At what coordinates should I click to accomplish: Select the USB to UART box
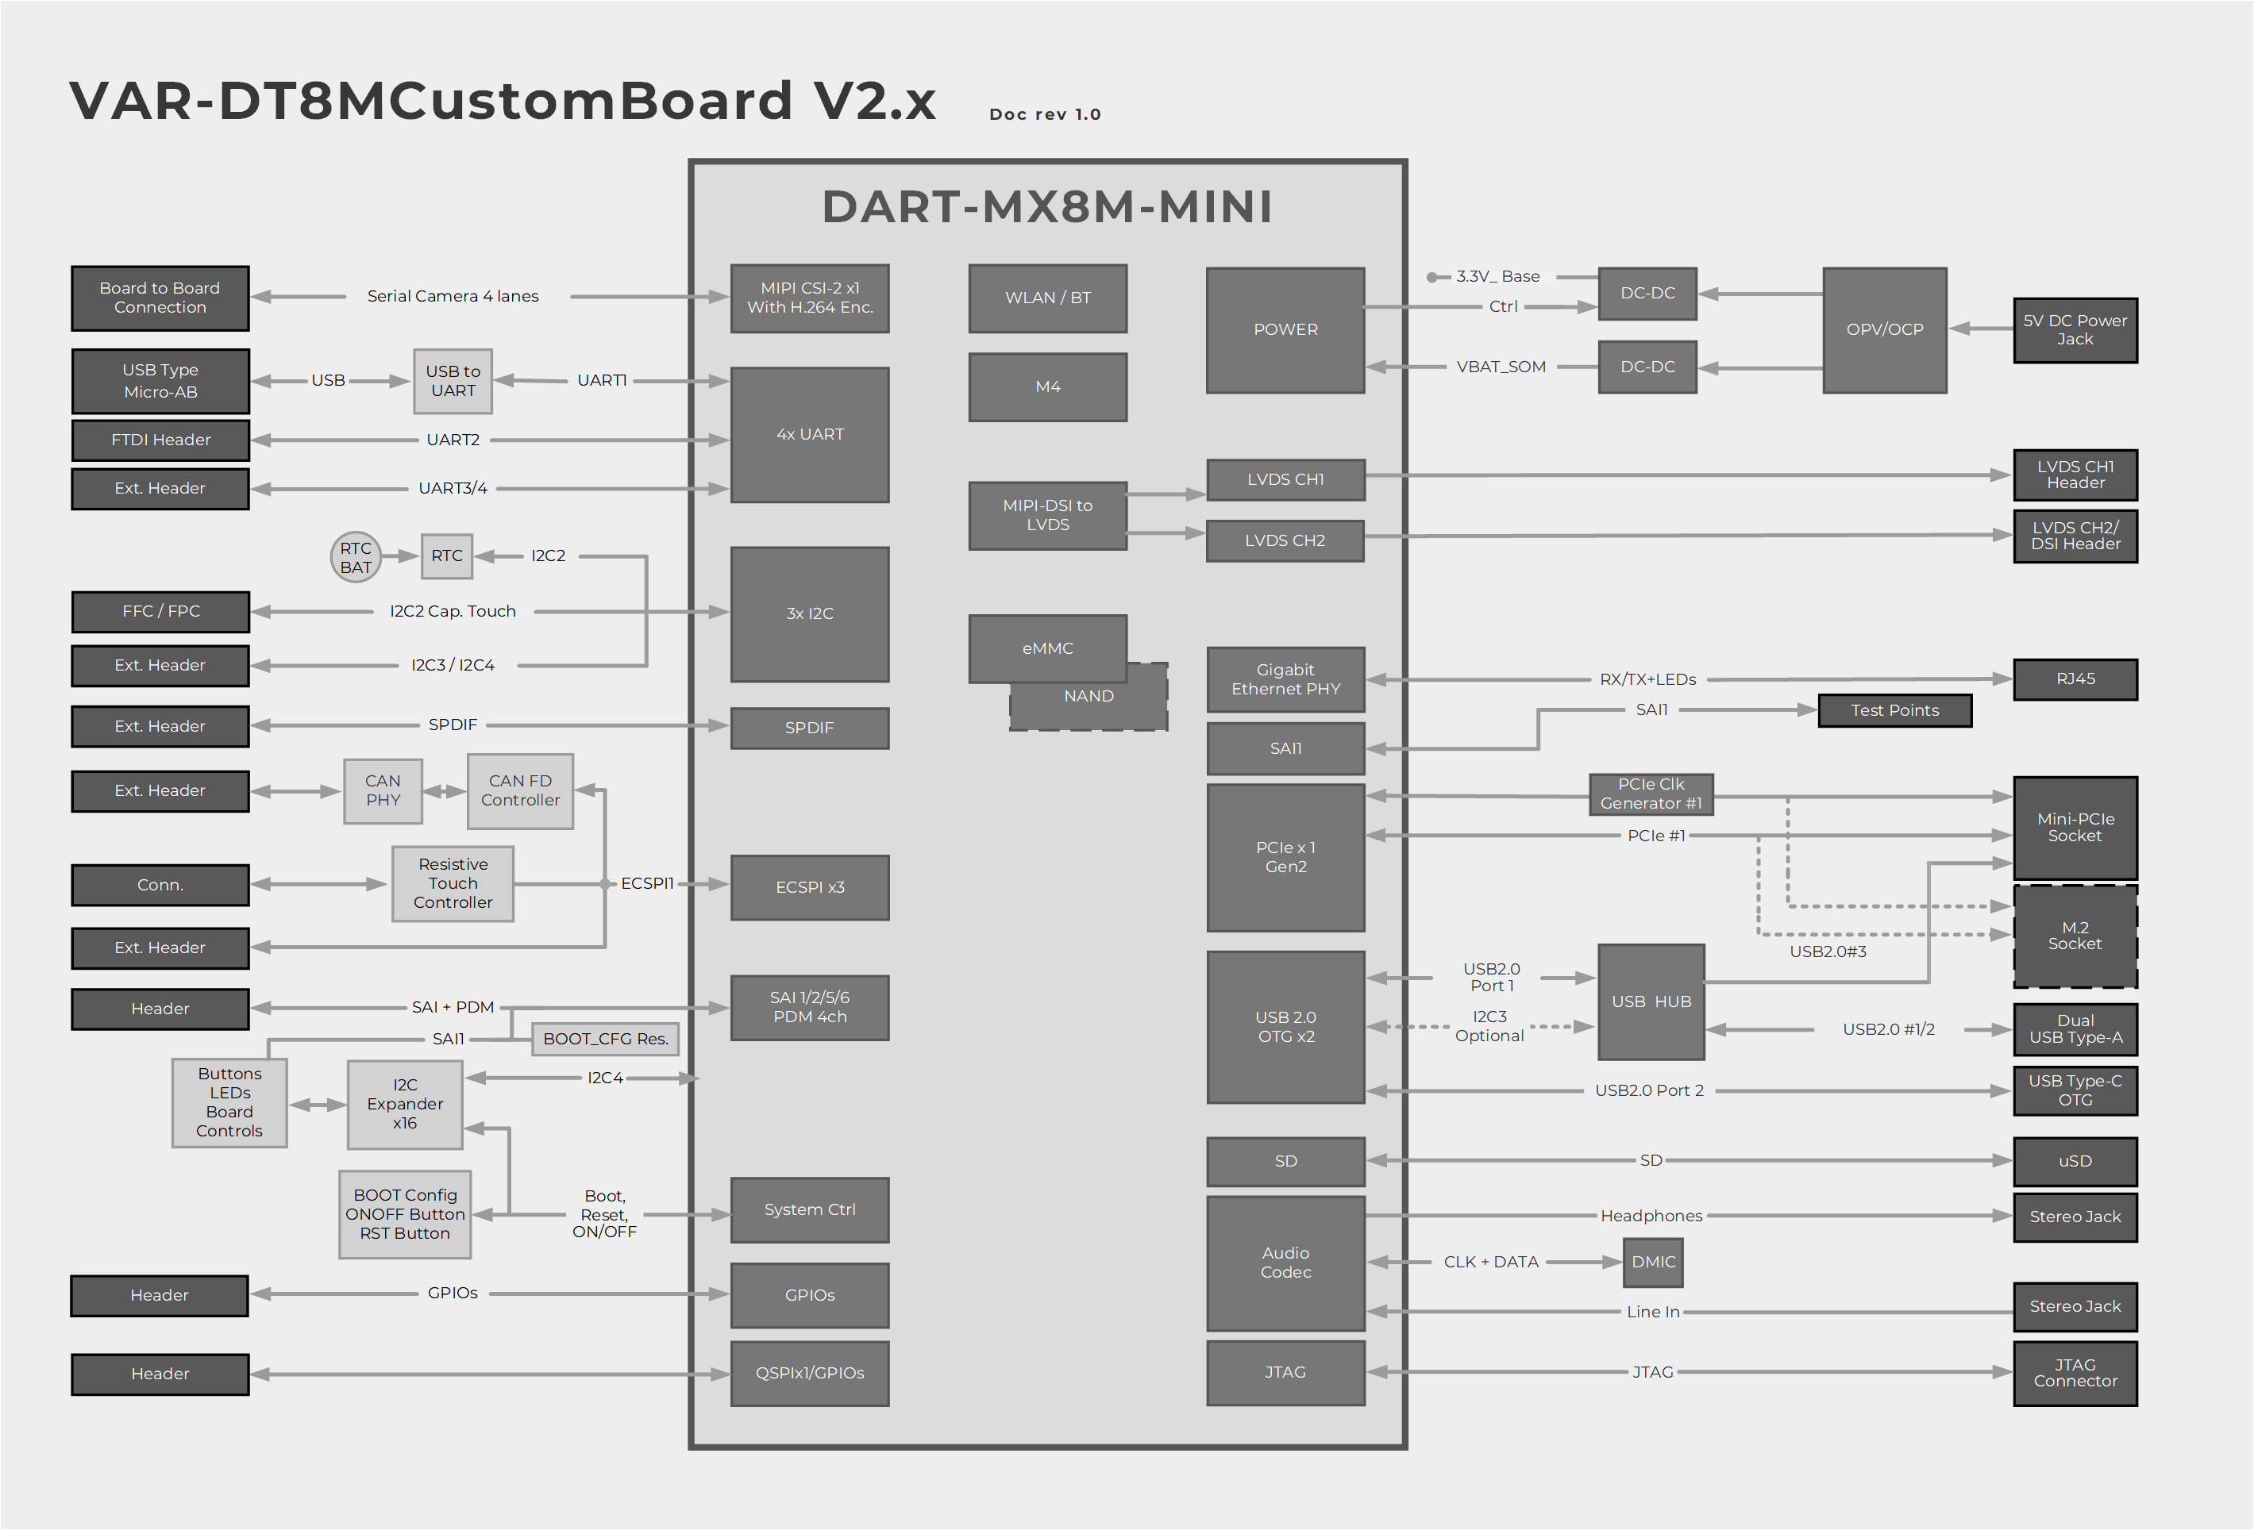pos(453,381)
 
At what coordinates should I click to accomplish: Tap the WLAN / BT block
pos(1047,298)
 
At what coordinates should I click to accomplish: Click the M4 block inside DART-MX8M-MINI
pos(1047,386)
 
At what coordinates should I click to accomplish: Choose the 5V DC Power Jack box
pos(2075,329)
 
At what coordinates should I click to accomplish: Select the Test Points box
pos(1894,709)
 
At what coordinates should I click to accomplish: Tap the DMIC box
pos(1653,1262)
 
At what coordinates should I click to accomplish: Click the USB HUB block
pos(1651,1001)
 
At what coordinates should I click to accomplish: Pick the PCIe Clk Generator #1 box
pos(1651,793)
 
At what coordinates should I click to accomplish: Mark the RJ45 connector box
pos(2075,679)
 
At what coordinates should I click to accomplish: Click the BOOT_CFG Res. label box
pos(605,1039)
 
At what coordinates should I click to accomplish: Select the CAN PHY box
pos(383,790)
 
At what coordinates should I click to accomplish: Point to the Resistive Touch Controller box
pos(453,882)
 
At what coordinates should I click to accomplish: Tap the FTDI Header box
pos(160,439)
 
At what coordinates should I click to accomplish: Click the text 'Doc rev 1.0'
pos(1045,114)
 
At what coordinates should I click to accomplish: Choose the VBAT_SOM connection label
pos(1501,367)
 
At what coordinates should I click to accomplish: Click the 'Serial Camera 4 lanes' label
pos(453,296)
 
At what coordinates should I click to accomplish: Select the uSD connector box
pos(2075,1160)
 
